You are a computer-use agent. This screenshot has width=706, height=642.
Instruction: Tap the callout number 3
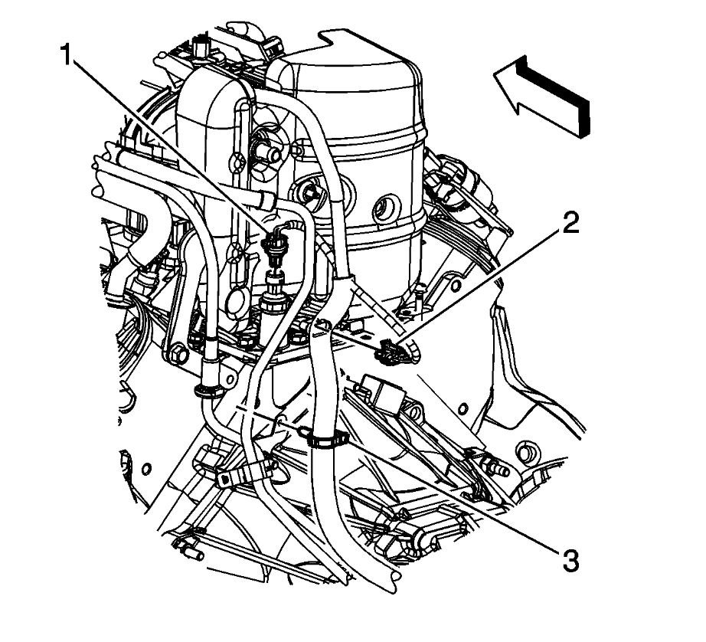567,561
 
